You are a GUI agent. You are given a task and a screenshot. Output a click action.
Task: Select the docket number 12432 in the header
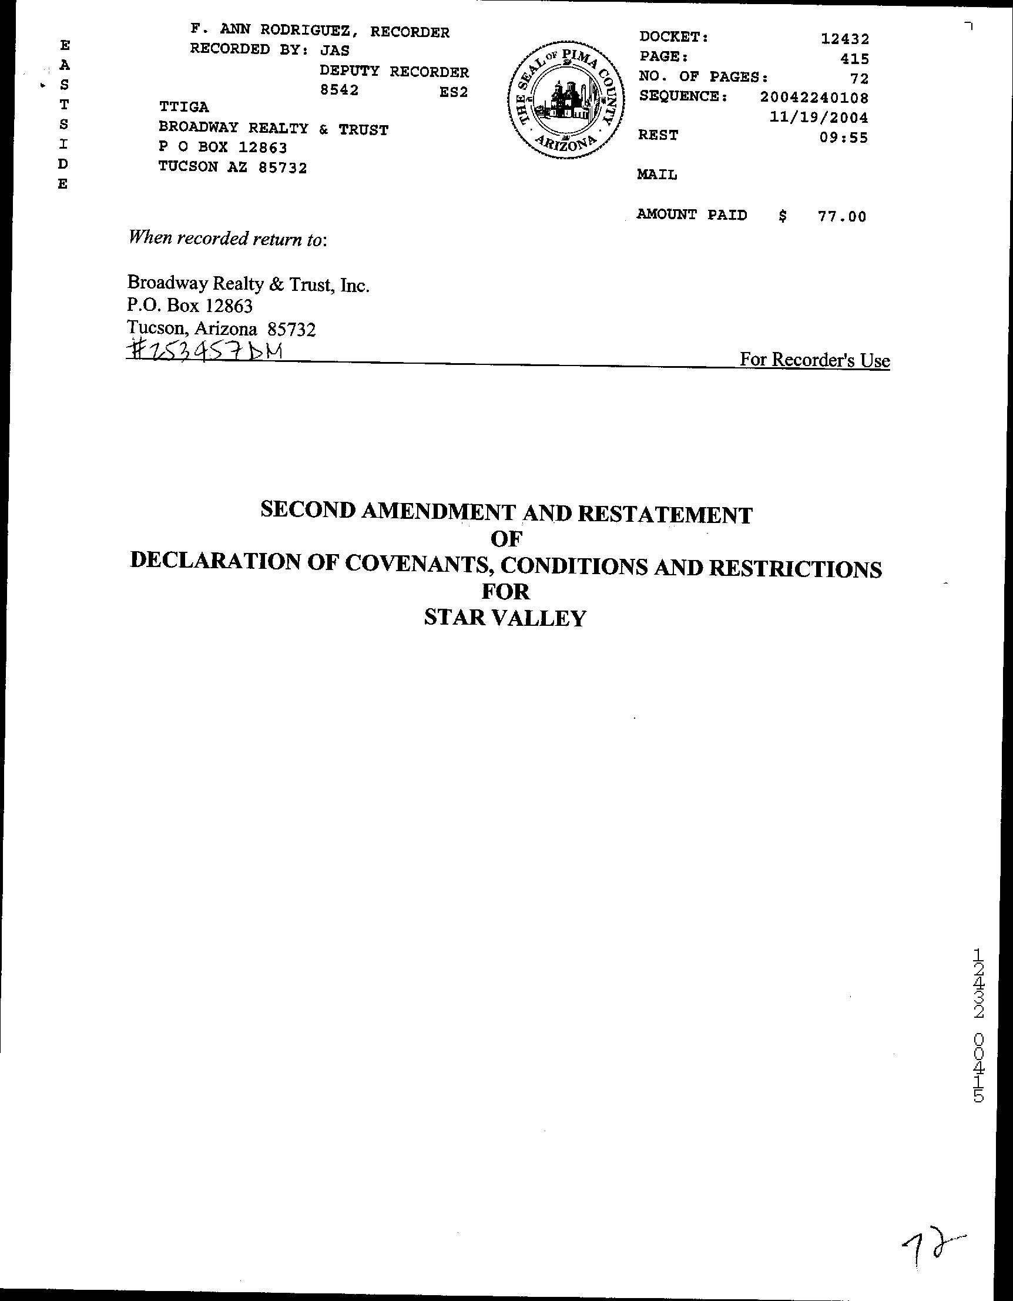click(844, 39)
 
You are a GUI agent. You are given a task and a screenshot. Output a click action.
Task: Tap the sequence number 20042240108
click(814, 97)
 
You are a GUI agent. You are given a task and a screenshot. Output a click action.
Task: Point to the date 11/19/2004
click(819, 118)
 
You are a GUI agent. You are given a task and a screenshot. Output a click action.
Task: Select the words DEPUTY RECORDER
click(394, 72)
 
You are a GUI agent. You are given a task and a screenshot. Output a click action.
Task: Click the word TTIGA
click(183, 107)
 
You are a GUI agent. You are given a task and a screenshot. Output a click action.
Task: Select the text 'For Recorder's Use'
click(814, 360)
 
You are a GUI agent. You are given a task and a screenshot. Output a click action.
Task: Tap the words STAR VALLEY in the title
click(505, 618)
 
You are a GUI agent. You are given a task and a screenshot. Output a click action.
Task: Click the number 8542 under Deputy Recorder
click(339, 90)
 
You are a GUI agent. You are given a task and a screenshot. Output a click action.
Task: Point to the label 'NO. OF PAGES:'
click(703, 77)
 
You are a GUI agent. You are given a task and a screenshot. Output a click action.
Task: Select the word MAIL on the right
click(657, 175)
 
